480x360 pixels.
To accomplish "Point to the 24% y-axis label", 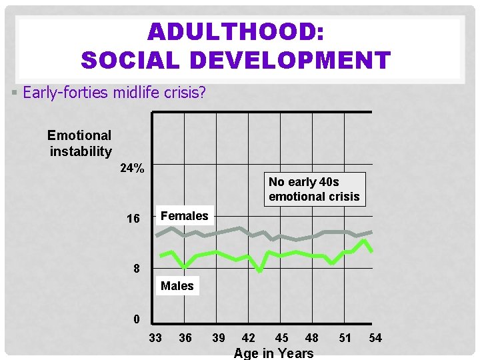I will [x=132, y=168].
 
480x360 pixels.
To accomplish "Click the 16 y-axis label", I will [x=133, y=219].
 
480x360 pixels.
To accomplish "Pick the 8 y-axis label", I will [x=135, y=269].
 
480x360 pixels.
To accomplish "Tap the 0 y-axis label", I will [x=136, y=319].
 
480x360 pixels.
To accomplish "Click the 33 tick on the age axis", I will [x=155, y=338].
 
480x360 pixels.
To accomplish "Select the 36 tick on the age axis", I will [x=185, y=338].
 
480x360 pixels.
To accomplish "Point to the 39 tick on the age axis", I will [x=218, y=338].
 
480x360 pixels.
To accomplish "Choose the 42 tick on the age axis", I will [x=248, y=338].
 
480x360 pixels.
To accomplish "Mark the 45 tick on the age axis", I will [x=281, y=338].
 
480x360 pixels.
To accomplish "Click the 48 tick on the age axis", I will [x=311, y=338].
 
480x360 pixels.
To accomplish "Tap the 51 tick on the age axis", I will [x=345, y=338].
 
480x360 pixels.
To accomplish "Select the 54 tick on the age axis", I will [x=375, y=338].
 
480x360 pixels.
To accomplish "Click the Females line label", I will [x=185, y=215].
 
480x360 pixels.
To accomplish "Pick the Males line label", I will [x=177, y=286].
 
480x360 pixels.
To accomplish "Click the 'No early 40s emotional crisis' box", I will [x=314, y=189].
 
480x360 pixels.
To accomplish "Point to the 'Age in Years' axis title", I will [x=273, y=353].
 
